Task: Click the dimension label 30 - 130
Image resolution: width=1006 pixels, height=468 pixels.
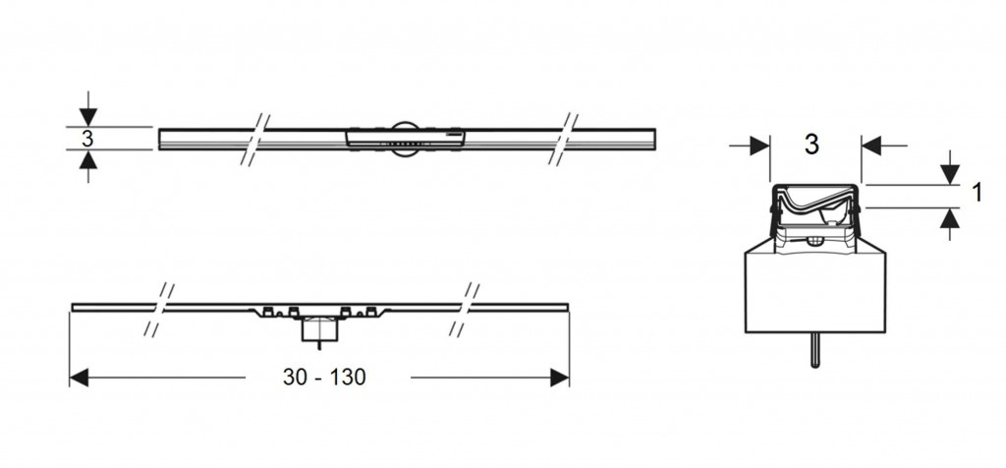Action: [x=324, y=377]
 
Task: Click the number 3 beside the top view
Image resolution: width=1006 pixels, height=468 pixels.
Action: [x=87, y=138]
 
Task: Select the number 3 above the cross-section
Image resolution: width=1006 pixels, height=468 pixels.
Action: [x=811, y=146]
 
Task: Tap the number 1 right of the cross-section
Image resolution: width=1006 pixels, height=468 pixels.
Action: [x=978, y=192]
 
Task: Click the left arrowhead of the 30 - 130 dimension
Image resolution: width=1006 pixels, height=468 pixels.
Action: [x=79, y=378]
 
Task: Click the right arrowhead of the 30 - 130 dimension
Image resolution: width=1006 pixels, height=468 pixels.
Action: [x=559, y=378]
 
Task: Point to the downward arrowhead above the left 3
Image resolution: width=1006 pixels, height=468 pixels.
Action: [x=87, y=117]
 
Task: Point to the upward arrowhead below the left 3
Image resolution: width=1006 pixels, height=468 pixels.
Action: [x=87, y=159]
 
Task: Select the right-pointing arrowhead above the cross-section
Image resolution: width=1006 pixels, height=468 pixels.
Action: [x=759, y=146]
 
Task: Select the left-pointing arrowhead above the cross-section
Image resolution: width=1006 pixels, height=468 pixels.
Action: [x=871, y=146]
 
